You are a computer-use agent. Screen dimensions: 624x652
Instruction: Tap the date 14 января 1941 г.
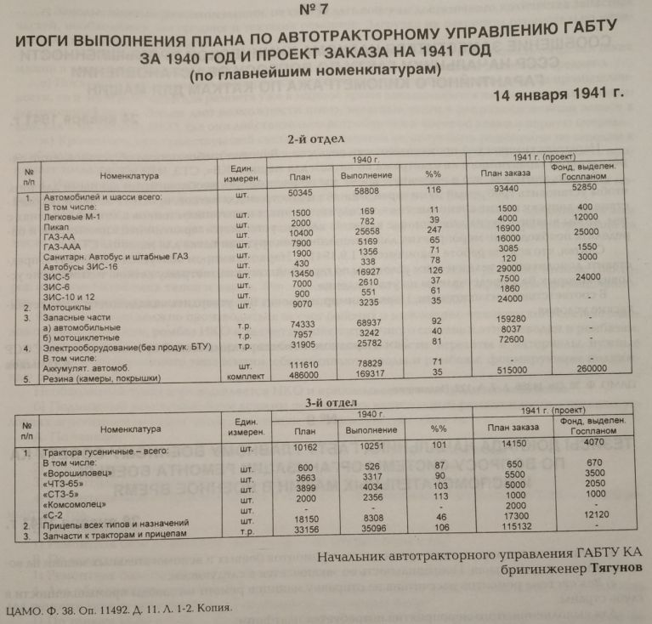[x=558, y=94]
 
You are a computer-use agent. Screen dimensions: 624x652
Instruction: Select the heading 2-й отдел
[x=316, y=139]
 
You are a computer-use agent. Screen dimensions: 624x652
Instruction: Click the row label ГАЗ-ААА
[x=69, y=247]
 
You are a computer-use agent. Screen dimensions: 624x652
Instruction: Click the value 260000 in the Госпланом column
[x=585, y=370]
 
